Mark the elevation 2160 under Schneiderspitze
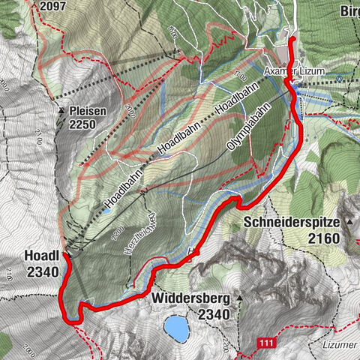(324, 238)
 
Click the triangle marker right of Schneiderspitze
(349, 223)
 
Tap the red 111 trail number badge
(263, 343)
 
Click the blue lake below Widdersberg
(177, 327)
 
